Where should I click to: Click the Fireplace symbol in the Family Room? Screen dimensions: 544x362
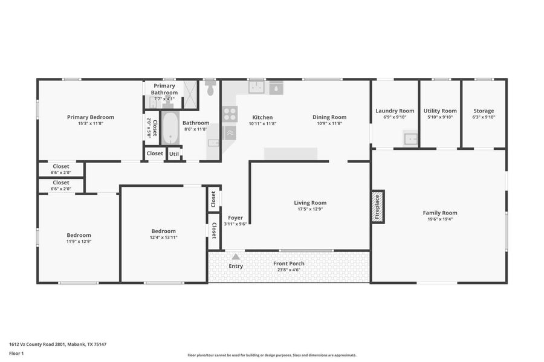coord(378,207)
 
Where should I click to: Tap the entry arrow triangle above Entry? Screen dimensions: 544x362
coord(236,257)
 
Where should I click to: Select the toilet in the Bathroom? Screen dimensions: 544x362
coord(210,88)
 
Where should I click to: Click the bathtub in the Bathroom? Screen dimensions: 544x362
coord(170,128)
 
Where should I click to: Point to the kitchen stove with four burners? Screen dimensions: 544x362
coord(230,114)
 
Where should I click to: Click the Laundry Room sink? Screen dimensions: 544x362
coord(410,138)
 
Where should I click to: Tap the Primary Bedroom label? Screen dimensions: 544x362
coord(91,117)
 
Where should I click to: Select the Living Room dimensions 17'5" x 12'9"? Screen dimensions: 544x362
coord(310,209)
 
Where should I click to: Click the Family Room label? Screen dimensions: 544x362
coord(440,213)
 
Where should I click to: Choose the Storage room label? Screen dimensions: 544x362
coord(484,111)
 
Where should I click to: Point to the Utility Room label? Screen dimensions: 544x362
coord(440,111)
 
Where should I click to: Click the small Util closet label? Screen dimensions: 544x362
coord(174,154)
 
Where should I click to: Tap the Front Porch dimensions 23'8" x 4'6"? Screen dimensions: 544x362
coord(289,270)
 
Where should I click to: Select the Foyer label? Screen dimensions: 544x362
coord(235,218)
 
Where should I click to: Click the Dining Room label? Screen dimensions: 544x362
coord(329,117)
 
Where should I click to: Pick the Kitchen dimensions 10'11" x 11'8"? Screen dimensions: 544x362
coord(262,123)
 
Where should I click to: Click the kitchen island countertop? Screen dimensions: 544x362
coord(291,154)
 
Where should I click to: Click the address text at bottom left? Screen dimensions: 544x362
coord(57,344)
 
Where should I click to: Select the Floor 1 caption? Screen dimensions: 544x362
coord(16,354)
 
